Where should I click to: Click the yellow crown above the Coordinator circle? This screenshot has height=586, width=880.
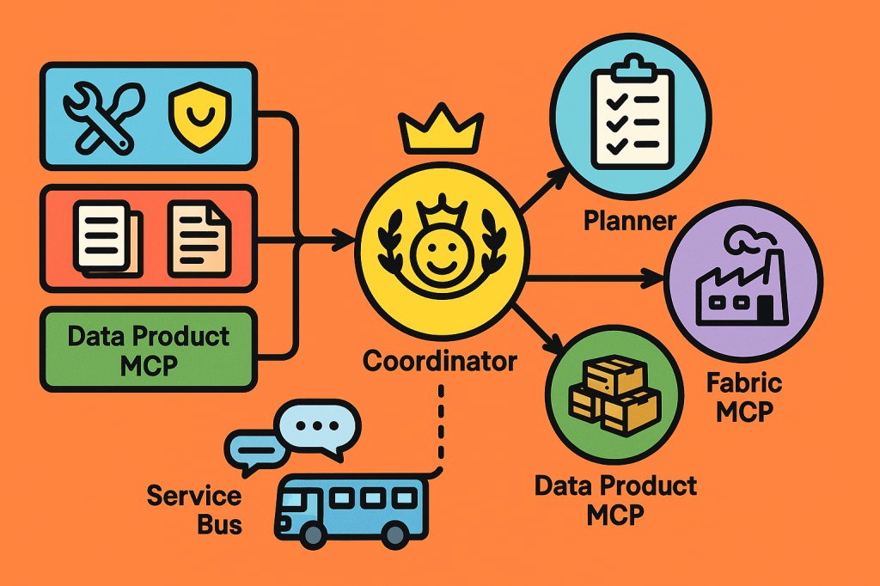441,128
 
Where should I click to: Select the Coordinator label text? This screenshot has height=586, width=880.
440,361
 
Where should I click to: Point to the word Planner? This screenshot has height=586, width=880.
630,221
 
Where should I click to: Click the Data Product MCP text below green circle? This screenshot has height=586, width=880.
615,499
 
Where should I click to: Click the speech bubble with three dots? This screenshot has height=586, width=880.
319,426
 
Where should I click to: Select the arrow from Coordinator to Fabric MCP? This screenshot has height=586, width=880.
593,278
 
